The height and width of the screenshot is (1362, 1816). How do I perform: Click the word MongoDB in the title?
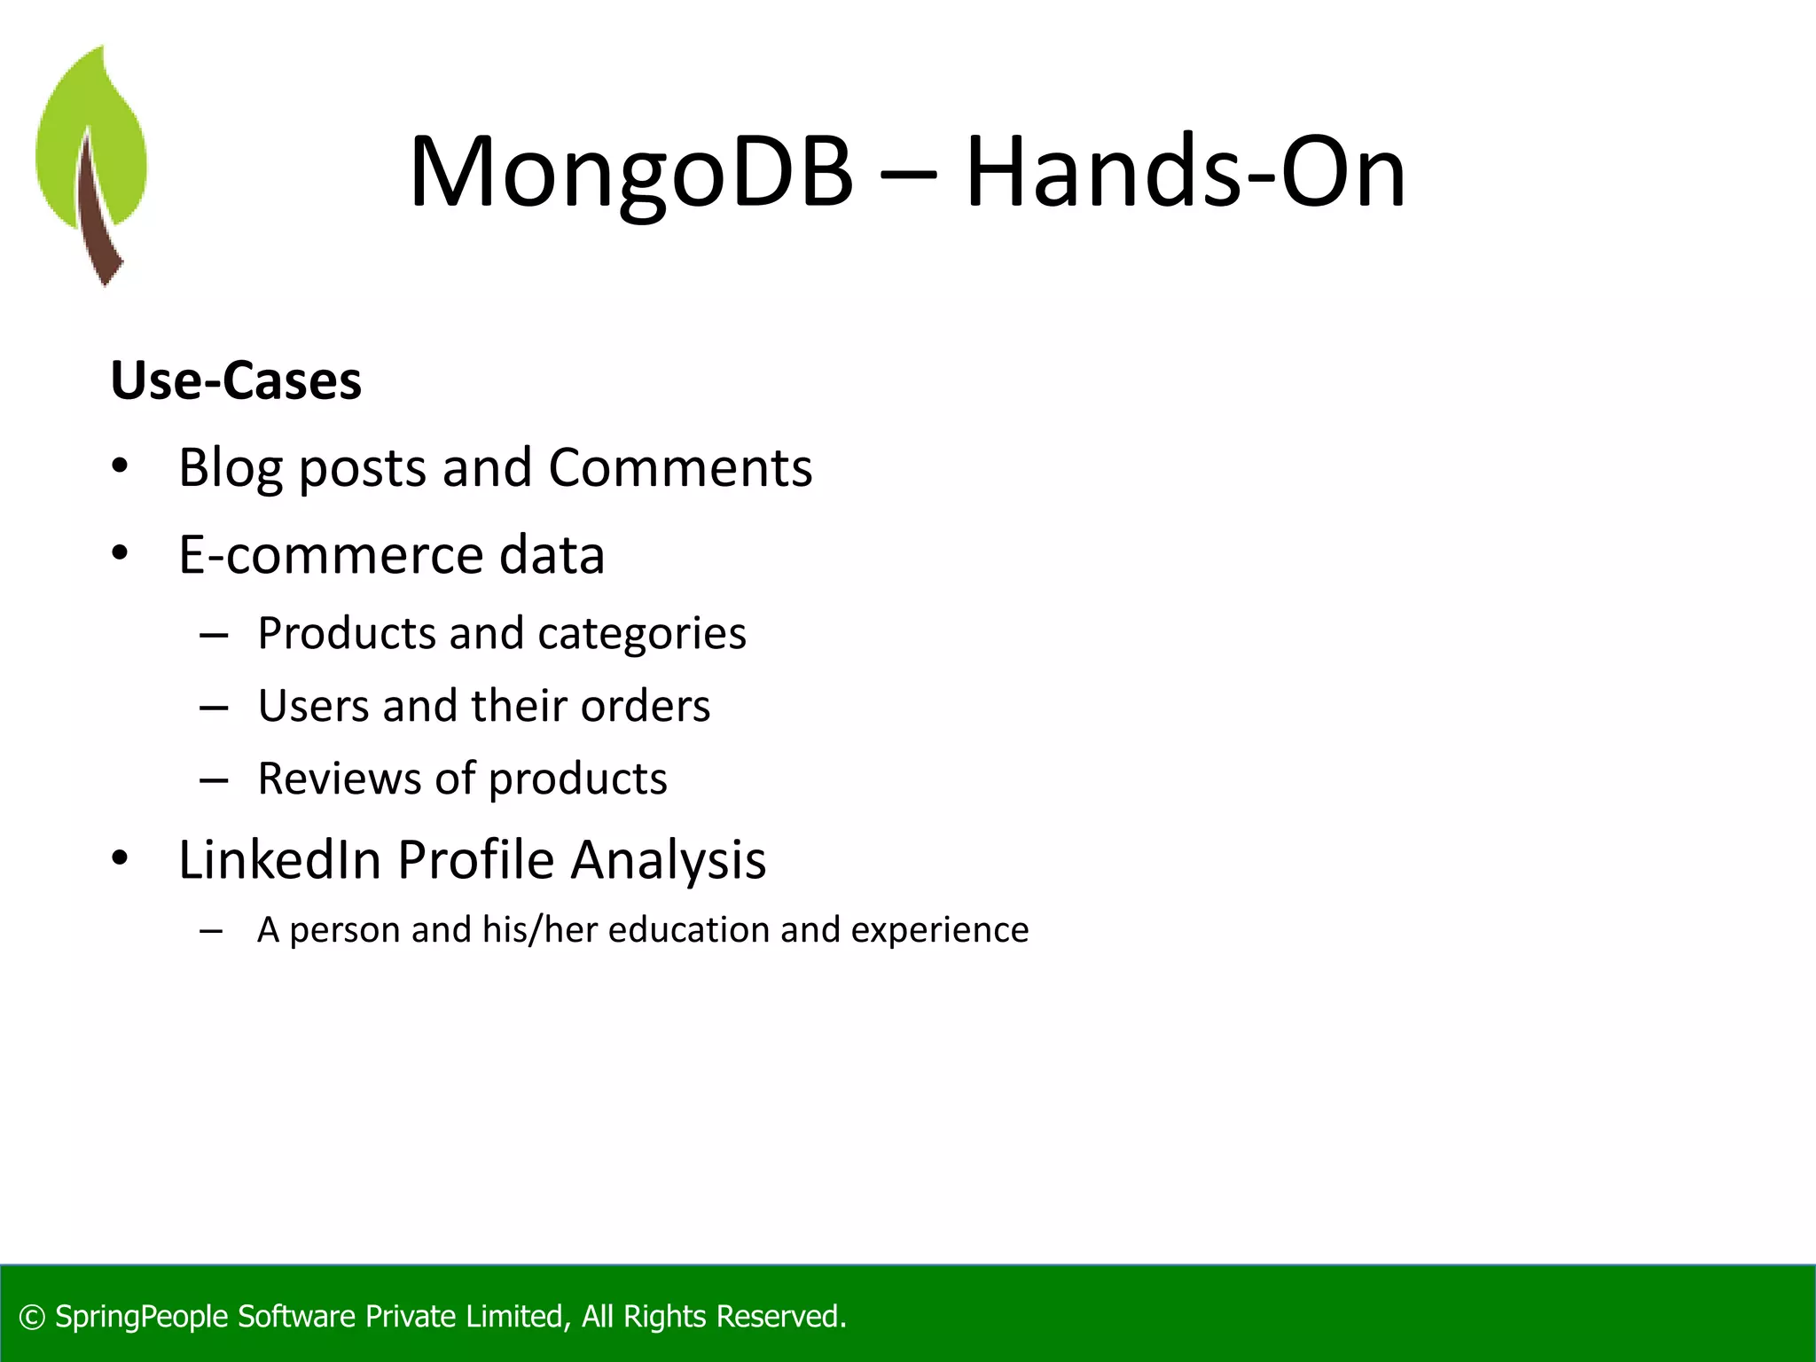tap(630, 173)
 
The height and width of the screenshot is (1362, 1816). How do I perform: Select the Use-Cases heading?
tap(236, 381)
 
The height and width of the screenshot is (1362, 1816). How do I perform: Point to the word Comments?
tap(679, 468)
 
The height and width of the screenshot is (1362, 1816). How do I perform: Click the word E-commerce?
tap(331, 556)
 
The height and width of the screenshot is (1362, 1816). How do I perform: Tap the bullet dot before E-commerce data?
tap(121, 554)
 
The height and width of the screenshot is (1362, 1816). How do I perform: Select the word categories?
tap(641, 634)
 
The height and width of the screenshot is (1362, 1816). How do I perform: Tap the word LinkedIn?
tap(279, 860)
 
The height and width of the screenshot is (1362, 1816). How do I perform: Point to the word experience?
tap(939, 930)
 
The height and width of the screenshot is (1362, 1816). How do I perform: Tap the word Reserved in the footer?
tap(778, 1317)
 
